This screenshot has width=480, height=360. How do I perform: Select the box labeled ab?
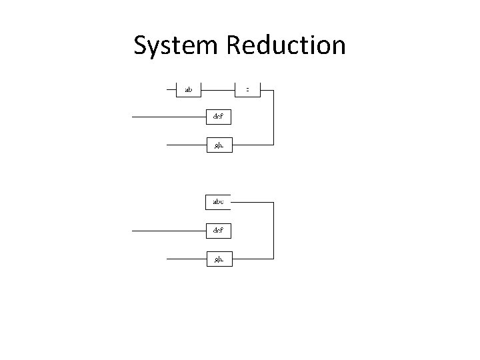[188, 89]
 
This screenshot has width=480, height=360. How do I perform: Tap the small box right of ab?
[247, 89]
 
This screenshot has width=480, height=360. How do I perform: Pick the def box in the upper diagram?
[218, 117]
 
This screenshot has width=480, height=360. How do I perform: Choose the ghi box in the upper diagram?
[218, 145]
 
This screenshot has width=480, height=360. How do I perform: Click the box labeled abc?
[218, 201]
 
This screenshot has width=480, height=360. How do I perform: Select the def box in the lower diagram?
[218, 231]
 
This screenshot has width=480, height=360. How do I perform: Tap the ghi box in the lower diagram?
[218, 259]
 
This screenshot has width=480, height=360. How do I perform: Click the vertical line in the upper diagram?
[273, 117]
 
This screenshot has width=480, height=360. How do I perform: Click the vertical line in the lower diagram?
[273, 230]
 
